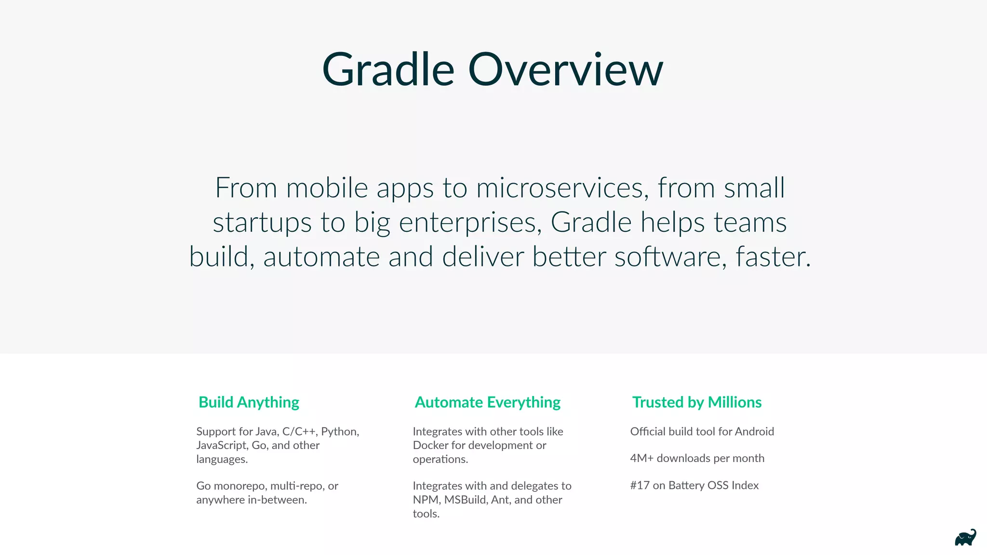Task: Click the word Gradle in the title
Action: coord(388,70)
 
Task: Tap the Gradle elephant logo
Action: coord(965,538)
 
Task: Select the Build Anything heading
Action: coord(249,402)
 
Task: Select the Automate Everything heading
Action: coord(487,402)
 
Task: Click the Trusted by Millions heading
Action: coord(696,402)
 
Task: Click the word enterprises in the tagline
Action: coord(470,223)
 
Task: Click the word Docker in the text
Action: coord(430,446)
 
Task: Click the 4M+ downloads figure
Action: coord(641,458)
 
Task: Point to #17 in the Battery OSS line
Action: coord(640,486)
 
